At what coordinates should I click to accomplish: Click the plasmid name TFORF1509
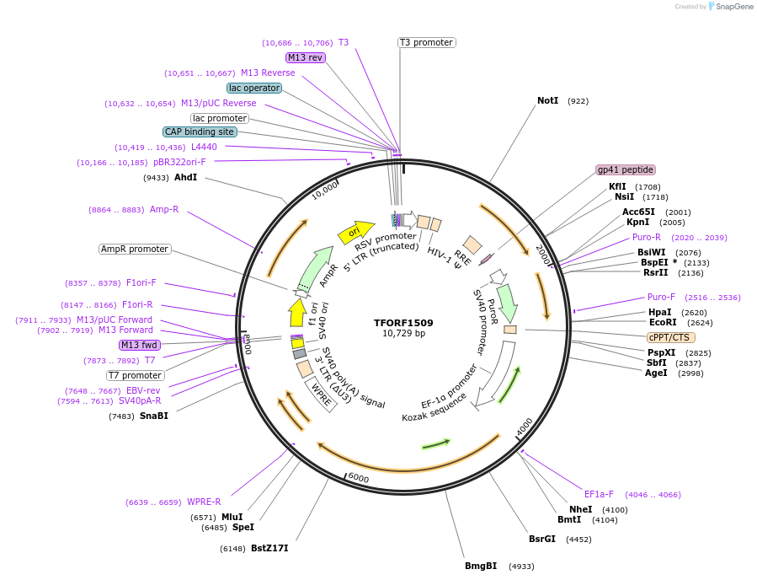404,322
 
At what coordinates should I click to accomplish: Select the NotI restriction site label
547,100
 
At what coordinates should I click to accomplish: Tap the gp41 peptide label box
625,169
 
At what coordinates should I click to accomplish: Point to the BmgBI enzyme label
481,566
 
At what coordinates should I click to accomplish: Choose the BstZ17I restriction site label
269,548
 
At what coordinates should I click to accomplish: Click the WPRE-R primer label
204,502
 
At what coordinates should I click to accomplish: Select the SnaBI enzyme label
154,416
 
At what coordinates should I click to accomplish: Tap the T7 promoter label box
136,375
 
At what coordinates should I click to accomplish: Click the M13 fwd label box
140,345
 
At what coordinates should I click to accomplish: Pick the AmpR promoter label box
135,249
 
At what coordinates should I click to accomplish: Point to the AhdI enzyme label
185,177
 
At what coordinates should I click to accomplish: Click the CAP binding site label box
200,132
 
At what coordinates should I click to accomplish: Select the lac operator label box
254,88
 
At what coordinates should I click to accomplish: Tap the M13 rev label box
305,57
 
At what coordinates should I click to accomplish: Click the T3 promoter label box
426,42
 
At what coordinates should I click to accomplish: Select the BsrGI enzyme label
542,539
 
